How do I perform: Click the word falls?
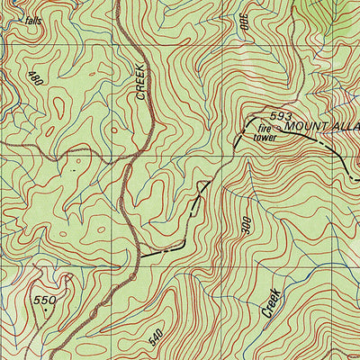(33, 19)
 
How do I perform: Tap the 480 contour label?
(35, 79)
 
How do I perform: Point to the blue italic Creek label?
(272, 301)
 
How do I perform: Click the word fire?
(261, 129)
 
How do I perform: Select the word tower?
(264, 138)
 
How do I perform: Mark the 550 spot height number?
(45, 300)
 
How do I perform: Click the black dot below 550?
(42, 309)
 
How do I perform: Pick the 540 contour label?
(157, 339)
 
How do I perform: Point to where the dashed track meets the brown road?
(139, 259)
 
